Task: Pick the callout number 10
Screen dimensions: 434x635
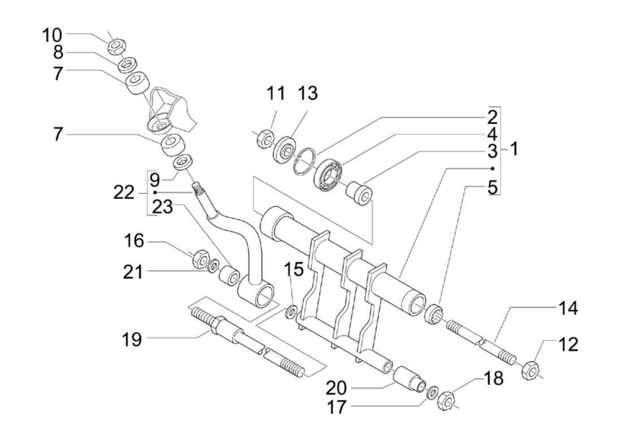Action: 52,35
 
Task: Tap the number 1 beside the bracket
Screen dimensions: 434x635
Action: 514,149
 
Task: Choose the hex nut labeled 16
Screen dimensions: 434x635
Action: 201,260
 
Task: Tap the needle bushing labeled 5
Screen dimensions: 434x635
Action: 434,314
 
